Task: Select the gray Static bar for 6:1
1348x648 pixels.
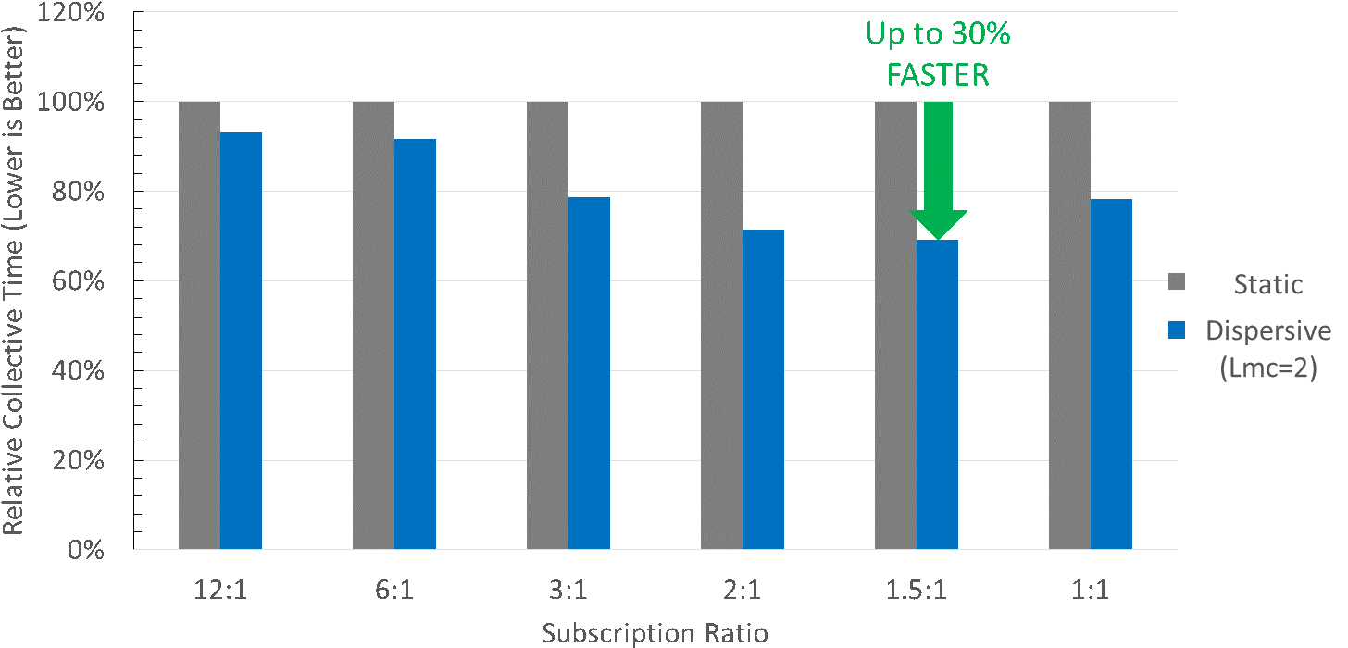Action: point(373,325)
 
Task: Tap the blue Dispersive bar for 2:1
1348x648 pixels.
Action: point(763,389)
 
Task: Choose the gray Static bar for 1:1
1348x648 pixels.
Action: point(1069,325)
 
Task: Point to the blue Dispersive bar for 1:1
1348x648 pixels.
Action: point(1111,374)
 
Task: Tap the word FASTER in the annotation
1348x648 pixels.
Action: point(938,75)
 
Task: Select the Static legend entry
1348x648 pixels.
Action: point(1267,284)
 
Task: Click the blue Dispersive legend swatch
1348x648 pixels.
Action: point(1177,331)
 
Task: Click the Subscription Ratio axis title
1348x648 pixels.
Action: point(655,633)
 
